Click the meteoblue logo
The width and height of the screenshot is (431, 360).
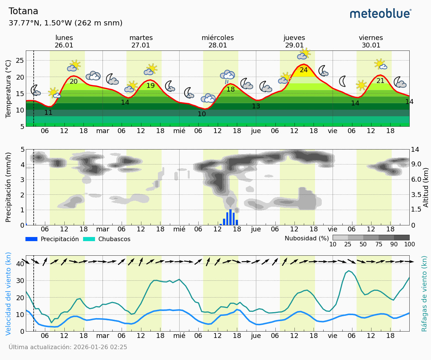380,14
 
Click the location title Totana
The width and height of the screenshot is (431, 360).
23,12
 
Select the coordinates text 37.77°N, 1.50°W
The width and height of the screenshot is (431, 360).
40,23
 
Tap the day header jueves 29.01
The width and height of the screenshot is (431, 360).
294,41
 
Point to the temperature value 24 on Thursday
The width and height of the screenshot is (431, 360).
303,70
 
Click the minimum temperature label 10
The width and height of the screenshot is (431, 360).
202,114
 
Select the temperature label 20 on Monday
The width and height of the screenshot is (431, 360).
74,81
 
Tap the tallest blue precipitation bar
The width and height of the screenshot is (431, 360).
230,217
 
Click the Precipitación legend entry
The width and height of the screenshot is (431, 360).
52,239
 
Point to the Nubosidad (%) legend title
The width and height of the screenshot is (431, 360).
306,238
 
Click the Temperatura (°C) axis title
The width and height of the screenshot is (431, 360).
8,88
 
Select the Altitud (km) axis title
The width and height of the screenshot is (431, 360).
426,187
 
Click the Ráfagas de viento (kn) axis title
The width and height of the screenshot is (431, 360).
424,293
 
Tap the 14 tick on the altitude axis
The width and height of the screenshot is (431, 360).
415,150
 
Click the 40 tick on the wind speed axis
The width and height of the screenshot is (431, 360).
20,264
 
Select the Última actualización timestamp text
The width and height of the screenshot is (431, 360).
68,347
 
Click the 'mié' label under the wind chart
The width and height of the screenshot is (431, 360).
179,335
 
